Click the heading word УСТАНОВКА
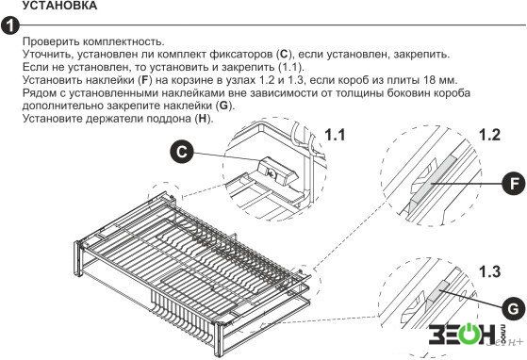[59, 5]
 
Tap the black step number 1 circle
[9, 25]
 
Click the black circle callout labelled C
[182, 152]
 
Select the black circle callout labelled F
[513, 184]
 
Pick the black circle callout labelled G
[513, 308]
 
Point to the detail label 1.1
[335, 135]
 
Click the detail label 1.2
[489, 135]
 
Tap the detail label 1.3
[489, 271]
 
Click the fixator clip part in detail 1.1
[276, 172]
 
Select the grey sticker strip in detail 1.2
[434, 179]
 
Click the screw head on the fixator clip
[271, 173]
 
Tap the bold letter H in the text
[202, 119]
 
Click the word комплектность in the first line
[123, 41]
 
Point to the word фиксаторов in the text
[241, 55]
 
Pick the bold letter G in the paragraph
[223, 106]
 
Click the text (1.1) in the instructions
[290, 67]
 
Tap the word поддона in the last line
[168, 119]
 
